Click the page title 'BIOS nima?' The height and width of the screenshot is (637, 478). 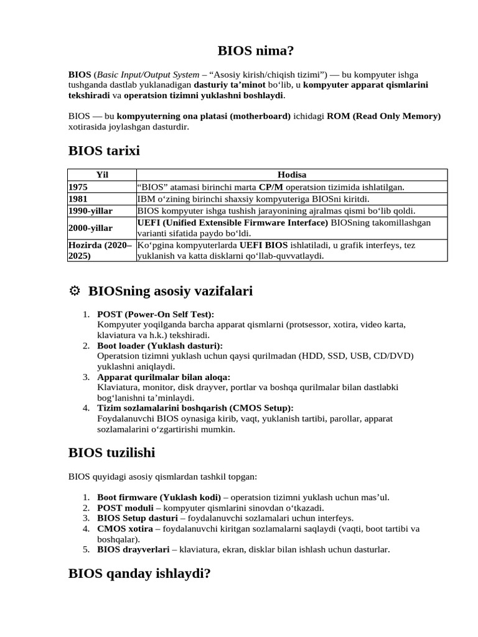pos(239,51)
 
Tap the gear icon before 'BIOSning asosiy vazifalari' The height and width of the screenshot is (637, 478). pos(74,291)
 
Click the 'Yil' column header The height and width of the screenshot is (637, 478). pos(101,175)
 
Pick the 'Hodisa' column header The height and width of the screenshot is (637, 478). pos(291,175)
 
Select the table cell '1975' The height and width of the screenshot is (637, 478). pos(78,187)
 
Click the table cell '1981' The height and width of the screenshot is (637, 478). pos(78,199)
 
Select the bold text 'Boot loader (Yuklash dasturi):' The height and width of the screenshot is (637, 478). pos(160,345)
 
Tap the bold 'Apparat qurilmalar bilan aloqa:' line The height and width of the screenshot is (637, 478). pos(164,377)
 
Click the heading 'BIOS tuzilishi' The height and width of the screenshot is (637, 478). pos(111,452)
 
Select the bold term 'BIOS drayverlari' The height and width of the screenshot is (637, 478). pos(132,550)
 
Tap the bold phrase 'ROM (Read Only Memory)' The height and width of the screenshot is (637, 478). pos(383,116)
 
